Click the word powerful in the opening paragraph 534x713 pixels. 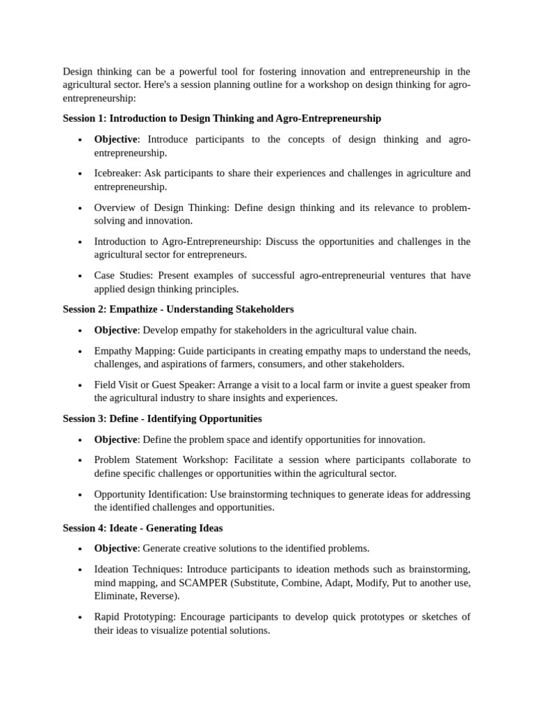tap(200, 71)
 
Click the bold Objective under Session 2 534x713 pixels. tap(115, 330)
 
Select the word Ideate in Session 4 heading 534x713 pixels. tap(124, 528)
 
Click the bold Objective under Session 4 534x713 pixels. tap(115, 549)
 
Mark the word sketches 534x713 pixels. tap(442, 617)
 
